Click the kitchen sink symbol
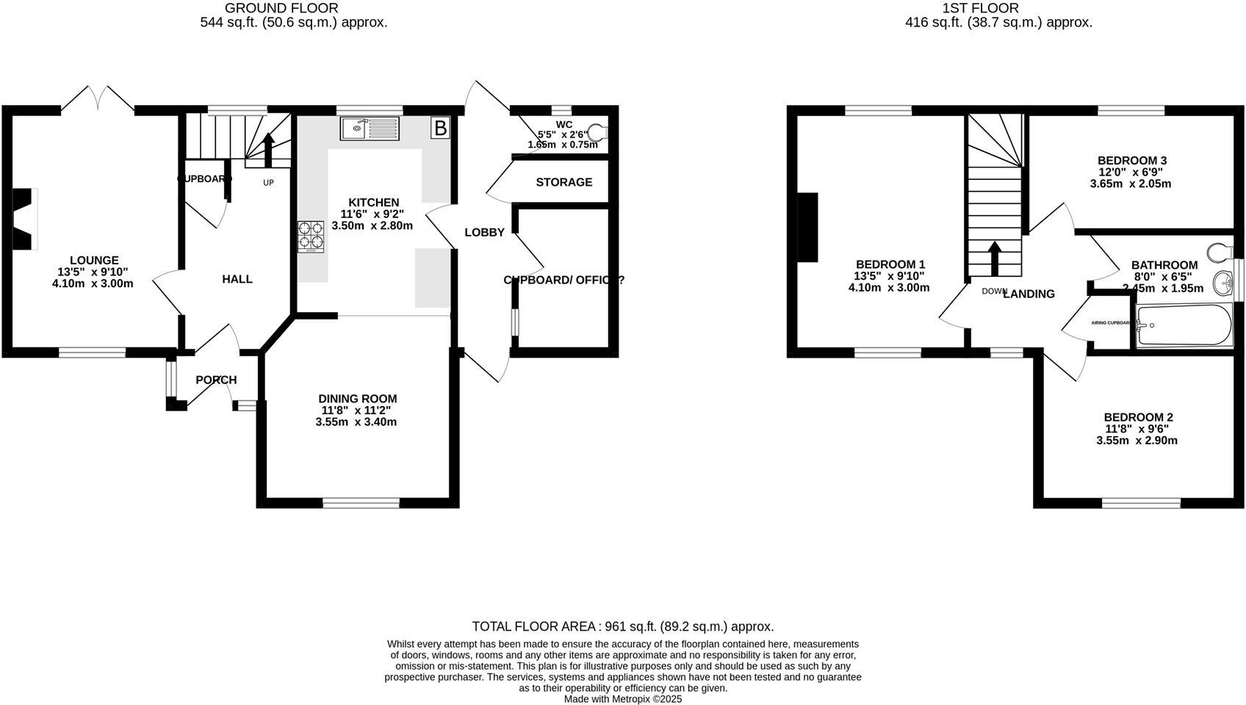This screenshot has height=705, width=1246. [x=370, y=129]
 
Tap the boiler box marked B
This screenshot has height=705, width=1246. [x=440, y=129]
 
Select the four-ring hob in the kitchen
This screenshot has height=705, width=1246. [x=311, y=236]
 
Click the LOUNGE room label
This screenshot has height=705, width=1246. [x=94, y=260]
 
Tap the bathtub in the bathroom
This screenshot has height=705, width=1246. [x=1183, y=325]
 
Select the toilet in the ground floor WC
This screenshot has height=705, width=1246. [x=599, y=132]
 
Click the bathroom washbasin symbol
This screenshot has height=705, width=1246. [x=1222, y=281]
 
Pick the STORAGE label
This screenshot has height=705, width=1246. [x=563, y=182]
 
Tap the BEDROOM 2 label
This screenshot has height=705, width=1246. [x=1137, y=417]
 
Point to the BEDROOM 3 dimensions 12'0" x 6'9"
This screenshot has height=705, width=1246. [x=1131, y=172]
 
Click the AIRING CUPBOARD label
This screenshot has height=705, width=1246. [x=1110, y=322]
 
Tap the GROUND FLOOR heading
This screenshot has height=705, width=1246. [x=281, y=8]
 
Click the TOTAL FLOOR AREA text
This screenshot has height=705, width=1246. [x=535, y=626]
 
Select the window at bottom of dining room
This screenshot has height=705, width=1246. [x=361, y=503]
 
